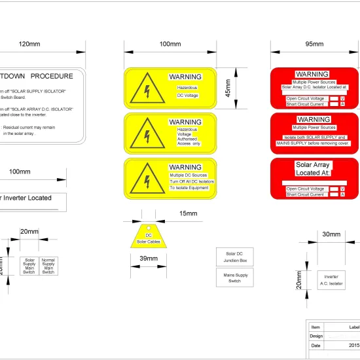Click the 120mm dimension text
click(29, 44)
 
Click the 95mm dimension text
click(314, 44)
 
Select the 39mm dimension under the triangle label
click(149, 259)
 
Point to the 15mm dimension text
click(188, 213)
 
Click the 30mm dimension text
click(331, 234)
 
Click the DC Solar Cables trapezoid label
click(149, 237)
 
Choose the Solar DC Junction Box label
click(235, 257)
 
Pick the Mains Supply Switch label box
click(235, 278)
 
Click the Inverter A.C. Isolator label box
click(331, 280)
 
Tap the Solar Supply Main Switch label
click(29, 265)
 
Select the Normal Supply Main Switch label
click(48, 265)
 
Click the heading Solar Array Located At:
click(314, 169)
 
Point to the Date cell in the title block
click(316, 345)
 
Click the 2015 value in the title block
click(354, 345)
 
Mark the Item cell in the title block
click(316, 327)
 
